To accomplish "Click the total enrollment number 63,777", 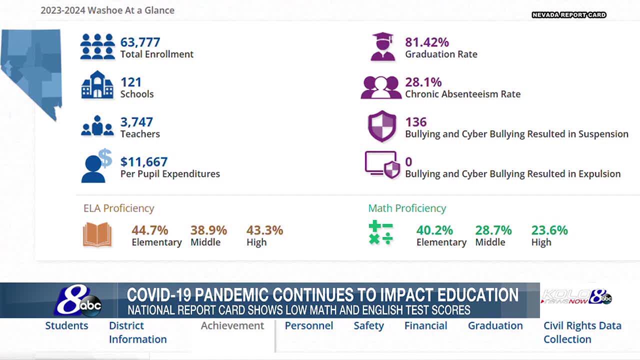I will (x=140, y=42).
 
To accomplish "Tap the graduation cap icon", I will (x=383, y=47).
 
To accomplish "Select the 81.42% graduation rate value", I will (x=427, y=42).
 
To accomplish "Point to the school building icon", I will (x=97, y=85).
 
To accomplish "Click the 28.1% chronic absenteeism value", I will (x=423, y=82).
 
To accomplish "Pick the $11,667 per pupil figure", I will (x=144, y=162).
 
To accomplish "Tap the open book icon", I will (x=97, y=235).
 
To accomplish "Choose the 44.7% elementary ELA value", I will (x=149, y=230).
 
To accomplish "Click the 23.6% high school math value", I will (x=549, y=230).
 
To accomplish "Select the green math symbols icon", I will (x=381, y=233).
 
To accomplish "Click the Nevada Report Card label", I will (x=569, y=15).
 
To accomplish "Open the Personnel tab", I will (x=309, y=326).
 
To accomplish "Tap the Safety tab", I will (x=368, y=326).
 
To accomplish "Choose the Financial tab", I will (x=425, y=326).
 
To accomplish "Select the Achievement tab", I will (x=232, y=326).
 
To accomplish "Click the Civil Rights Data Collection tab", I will (x=582, y=332).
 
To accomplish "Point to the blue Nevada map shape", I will (x=33, y=70).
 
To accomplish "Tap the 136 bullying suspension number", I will (x=416, y=122).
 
